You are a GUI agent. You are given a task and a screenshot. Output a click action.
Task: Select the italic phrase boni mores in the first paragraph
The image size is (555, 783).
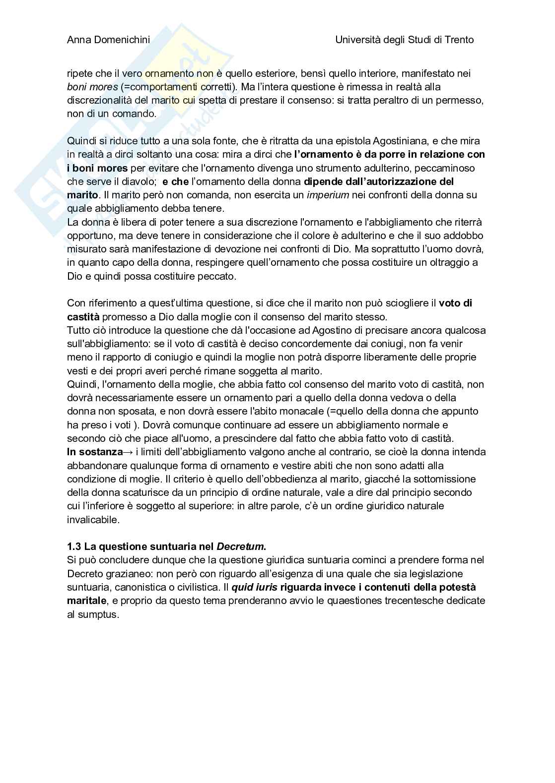[x=92, y=87]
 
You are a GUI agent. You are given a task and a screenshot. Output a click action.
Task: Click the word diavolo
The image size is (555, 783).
[x=139, y=181]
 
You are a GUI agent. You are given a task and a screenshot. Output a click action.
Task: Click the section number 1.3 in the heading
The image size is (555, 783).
[x=74, y=546]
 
